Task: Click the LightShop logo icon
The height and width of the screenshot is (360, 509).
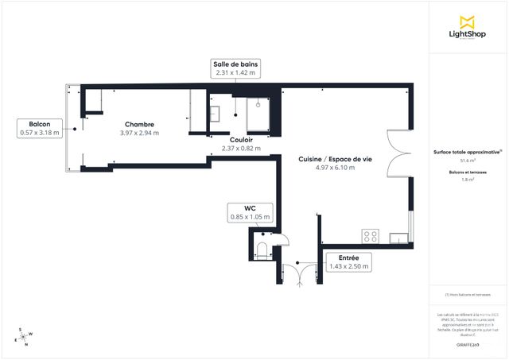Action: click(468, 21)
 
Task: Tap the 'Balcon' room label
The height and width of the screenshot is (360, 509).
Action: click(40, 125)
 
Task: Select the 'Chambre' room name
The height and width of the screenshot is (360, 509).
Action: click(139, 125)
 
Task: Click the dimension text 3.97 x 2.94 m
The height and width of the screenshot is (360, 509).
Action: click(139, 133)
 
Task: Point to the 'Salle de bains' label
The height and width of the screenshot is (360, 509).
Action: click(235, 64)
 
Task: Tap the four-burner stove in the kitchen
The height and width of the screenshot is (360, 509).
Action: click(371, 235)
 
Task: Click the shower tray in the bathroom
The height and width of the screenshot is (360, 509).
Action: click(259, 111)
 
